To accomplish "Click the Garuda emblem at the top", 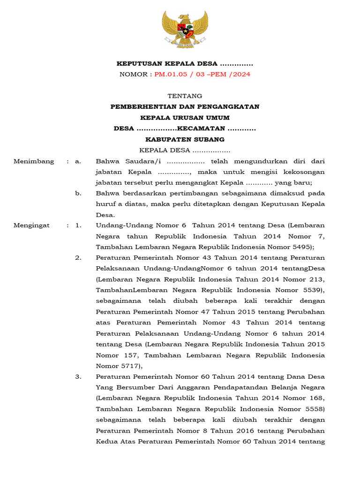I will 185,30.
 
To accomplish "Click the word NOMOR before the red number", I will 134,74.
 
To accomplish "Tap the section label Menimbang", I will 34,161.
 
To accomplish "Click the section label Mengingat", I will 32,225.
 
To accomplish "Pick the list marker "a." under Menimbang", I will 78,161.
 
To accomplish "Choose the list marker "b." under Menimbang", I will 78,193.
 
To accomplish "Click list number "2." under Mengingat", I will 78,258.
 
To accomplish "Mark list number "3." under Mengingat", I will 78,376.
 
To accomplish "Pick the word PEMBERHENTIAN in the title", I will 142,106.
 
